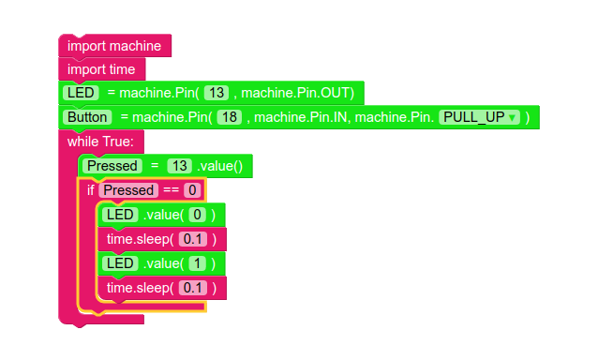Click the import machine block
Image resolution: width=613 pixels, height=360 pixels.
coord(114,46)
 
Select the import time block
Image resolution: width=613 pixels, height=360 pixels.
coord(101,69)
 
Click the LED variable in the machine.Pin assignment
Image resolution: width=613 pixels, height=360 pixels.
coord(81,93)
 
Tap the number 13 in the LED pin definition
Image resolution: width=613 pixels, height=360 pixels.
coord(217,93)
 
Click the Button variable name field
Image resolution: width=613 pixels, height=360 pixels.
coord(86,117)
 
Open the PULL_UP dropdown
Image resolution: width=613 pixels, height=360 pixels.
coord(479,117)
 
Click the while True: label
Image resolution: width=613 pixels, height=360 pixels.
coord(100,142)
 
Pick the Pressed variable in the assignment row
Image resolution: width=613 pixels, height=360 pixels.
coord(112,166)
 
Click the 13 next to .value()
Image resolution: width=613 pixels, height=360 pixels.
coord(179,166)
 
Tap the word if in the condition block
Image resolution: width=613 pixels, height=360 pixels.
coord(91,190)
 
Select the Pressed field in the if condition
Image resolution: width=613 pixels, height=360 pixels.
coord(128,190)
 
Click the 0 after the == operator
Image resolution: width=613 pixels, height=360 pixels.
coord(191,190)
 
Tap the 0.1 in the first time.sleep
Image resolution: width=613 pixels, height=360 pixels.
coord(192,239)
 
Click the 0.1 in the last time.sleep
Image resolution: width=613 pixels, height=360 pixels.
coord(192,288)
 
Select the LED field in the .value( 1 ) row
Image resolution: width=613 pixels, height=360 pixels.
coord(120,263)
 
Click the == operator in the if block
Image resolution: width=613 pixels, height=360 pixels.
coord(170,190)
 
